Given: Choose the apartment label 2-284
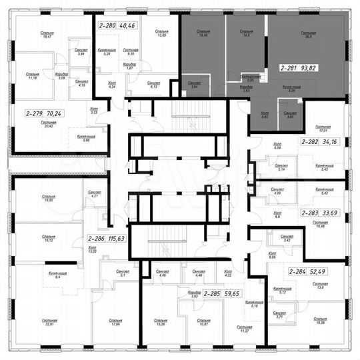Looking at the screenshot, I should [x=301, y=272].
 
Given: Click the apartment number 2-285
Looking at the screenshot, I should [x=214, y=293].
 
